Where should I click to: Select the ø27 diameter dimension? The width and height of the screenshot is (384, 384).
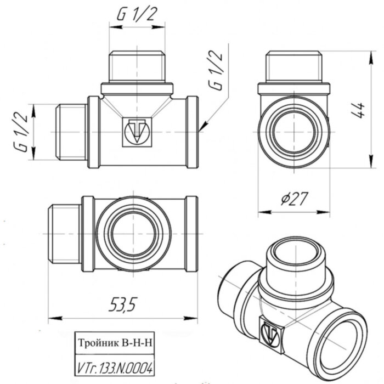[294, 201]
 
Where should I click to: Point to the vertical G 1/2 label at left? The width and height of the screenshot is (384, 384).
[21, 132]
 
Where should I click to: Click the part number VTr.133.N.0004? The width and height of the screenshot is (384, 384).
[115, 366]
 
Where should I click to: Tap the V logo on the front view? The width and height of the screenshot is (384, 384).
[133, 131]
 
